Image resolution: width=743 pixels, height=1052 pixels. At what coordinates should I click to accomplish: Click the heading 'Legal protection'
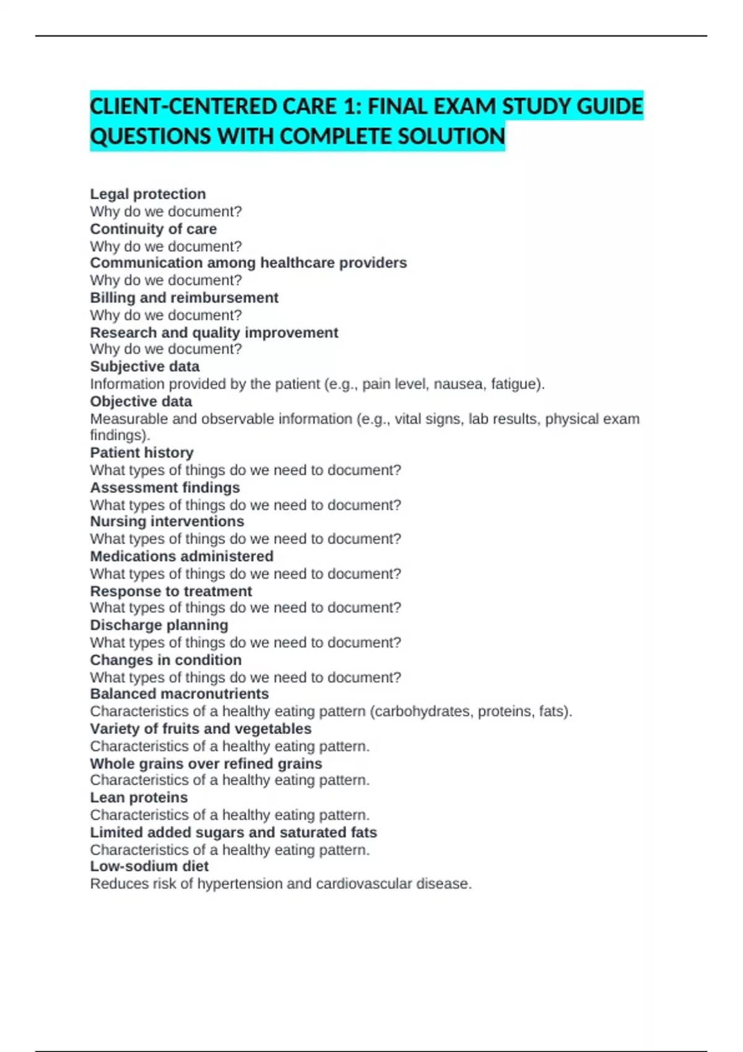pos(147,194)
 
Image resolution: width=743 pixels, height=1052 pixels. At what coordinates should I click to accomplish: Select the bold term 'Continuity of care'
pos(153,229)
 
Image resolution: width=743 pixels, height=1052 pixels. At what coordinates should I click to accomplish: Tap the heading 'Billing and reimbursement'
pos(184,298)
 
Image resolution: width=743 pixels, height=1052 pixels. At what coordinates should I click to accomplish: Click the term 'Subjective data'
pos(144,366)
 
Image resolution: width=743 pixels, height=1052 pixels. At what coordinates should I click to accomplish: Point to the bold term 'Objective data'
pos(141,401)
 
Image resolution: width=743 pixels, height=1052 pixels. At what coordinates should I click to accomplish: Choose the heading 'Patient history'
pos(141,452)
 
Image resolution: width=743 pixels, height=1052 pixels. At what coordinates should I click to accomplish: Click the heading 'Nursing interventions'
pos(167,521)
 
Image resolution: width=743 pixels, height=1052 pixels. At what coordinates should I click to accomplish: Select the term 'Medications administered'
pos(181,556)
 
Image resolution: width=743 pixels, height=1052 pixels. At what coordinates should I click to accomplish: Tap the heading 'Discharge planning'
pos(159,625)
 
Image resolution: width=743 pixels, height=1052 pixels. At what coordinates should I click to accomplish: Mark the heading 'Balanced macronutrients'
pos(179,694)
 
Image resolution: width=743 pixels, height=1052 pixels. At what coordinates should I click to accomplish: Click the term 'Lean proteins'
pos(139,797)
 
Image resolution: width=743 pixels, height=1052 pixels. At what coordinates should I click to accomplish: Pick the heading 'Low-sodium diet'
pos(149,866)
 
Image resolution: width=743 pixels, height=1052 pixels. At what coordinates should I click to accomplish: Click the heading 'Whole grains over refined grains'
pos(206,764)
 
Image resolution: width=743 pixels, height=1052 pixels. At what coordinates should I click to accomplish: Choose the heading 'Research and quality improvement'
pos(214,332)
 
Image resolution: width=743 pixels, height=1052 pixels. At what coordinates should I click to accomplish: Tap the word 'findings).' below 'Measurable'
pos(120,435)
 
